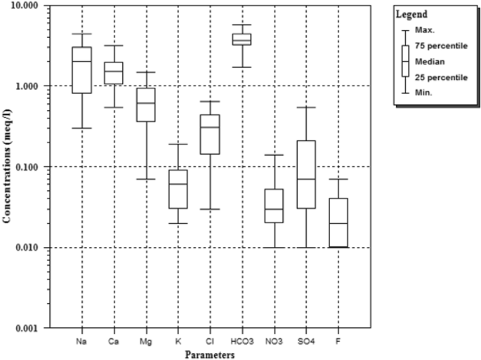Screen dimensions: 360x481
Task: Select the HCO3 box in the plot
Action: pyautogui.click(x=242, y=39)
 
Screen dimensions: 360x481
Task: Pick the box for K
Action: pyautogui.click(x=178, y=189)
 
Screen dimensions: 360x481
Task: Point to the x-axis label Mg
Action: pyautogui.click(x=146, y=340)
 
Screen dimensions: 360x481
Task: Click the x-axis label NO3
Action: pyautogui.click(x=273, y=340)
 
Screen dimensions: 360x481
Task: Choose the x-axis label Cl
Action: pyautogui.click(x=210, y=340)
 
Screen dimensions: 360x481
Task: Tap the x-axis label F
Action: pyautogui.click(x=338, y=340)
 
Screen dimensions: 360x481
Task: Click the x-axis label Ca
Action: pyautogui.click(x=114, y=340)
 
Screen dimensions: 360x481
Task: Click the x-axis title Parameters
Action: pyautogui.click(x=209, y=354)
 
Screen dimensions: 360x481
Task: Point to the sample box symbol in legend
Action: pyautogui.click(x=405, y=61)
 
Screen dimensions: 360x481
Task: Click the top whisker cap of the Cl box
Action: pyautogui.click(x=210, y=102)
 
